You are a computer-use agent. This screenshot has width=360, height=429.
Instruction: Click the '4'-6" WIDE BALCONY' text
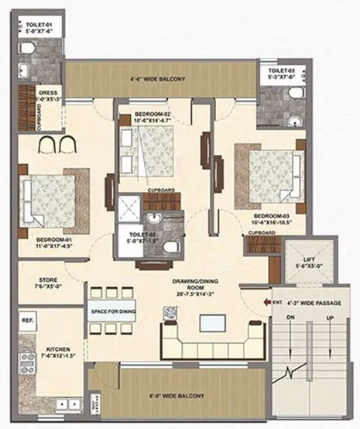pos(163,79)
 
